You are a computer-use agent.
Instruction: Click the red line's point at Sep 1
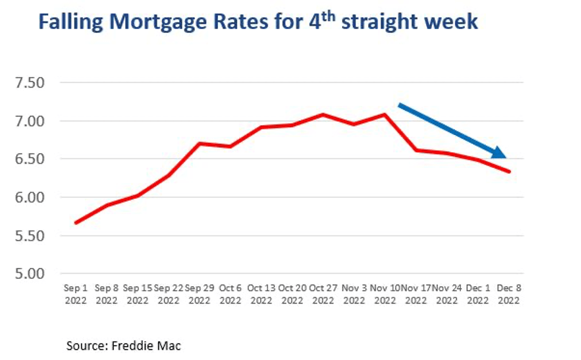(76, 223)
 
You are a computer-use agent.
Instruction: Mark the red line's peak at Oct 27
(323, 114)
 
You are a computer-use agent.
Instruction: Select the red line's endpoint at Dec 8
(509, 172)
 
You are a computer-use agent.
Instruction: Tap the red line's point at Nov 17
(416, 150)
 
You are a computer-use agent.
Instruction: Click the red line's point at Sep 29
(199, 143)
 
